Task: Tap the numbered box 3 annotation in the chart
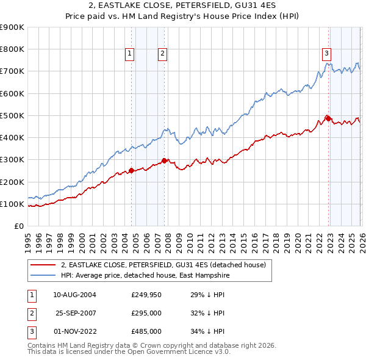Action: click(x=326, y=53)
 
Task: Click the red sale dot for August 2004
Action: click(x=131, y=171)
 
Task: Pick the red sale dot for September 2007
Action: click(x=164, y=160)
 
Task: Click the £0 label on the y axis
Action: click(x=18, y=226)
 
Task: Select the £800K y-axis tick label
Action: click(x=12, y=49)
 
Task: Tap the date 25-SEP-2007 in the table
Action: click(x=76, y=313)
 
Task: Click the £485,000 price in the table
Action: click(x=146, y=331)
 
